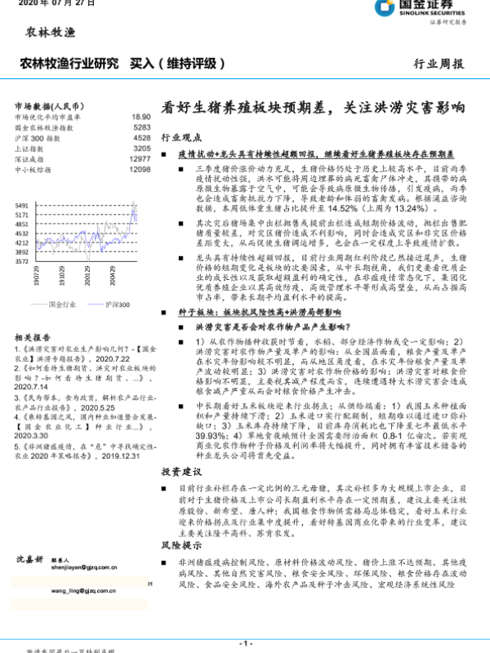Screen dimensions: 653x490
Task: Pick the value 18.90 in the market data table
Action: (x=140, y=118)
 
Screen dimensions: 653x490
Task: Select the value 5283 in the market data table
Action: (x=141, y=128)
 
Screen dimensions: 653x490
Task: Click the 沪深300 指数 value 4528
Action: (x=141, y=139)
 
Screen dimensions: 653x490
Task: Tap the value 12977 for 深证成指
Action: (x=140, y=159)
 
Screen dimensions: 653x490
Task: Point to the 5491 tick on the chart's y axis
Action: (x=22, y=205)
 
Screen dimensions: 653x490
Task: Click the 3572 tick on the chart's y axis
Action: (x=22, y=262)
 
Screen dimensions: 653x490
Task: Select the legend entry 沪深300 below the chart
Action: (x=117, y=303)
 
